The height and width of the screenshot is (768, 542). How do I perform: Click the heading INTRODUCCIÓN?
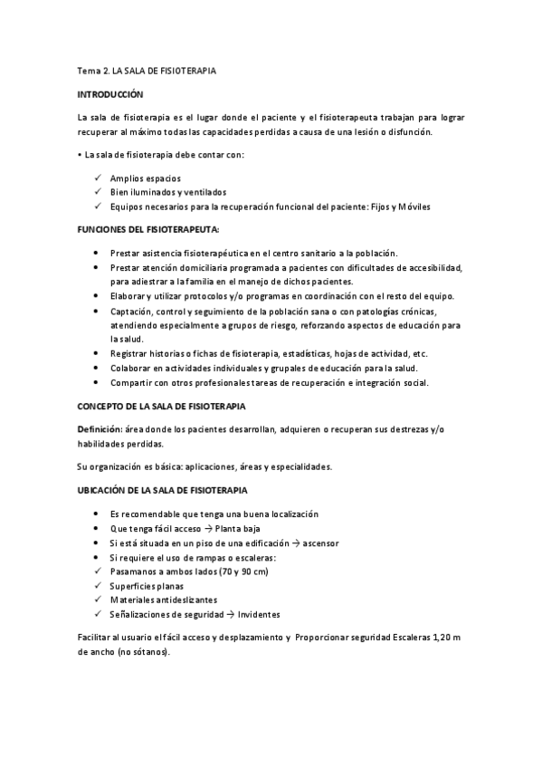(110, 93)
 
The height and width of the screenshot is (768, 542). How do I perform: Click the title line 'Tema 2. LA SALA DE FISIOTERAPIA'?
(146, 69)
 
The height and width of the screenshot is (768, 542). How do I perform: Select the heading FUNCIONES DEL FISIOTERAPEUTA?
(147, 231)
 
